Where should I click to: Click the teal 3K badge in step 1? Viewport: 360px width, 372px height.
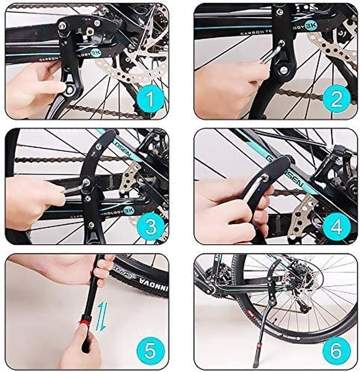[95, 53]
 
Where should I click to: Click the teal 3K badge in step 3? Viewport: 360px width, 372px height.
[128, 210]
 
